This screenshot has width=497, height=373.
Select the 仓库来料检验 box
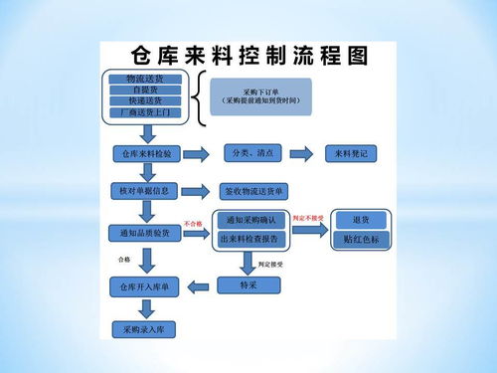point(146,154)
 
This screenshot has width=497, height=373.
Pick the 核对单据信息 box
point(146,189)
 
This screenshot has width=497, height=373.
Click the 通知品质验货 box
point(146,233)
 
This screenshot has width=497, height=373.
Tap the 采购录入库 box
point(146,327)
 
